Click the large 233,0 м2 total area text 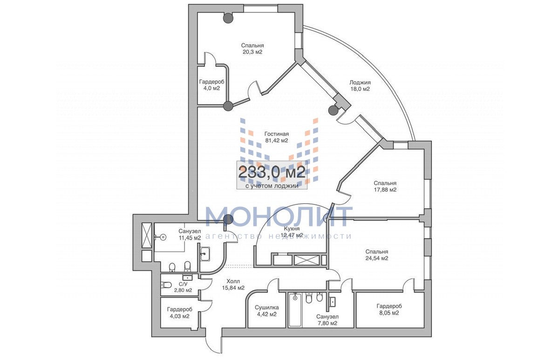click(x=272, y=172)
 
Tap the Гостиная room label click(x=277, y=134)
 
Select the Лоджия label click(x=360, y=82)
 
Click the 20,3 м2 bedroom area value click(x=252, y=52)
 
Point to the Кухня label click(x=292, y=229)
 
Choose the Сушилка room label click(x=266, y=308)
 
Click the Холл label click(x=233, y=281)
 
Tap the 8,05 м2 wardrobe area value click(x=389, y=312)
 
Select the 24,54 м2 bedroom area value click(x=376, y=258)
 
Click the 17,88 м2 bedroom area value click(x=385, y=190)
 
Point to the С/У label click(x=183, y=284)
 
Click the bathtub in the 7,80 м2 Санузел click(x=295, y=310)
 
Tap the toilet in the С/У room click(x=166, y=285)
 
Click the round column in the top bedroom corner click(x=228, y=18)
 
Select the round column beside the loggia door click(x=334, y=110)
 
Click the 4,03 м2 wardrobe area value click(x=179, y=316)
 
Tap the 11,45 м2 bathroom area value click(x=190, y=238)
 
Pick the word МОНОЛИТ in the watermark click(x=279, y=217)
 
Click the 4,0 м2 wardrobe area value click(x=211, y=88)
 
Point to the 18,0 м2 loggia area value click(x=360, y=89)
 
